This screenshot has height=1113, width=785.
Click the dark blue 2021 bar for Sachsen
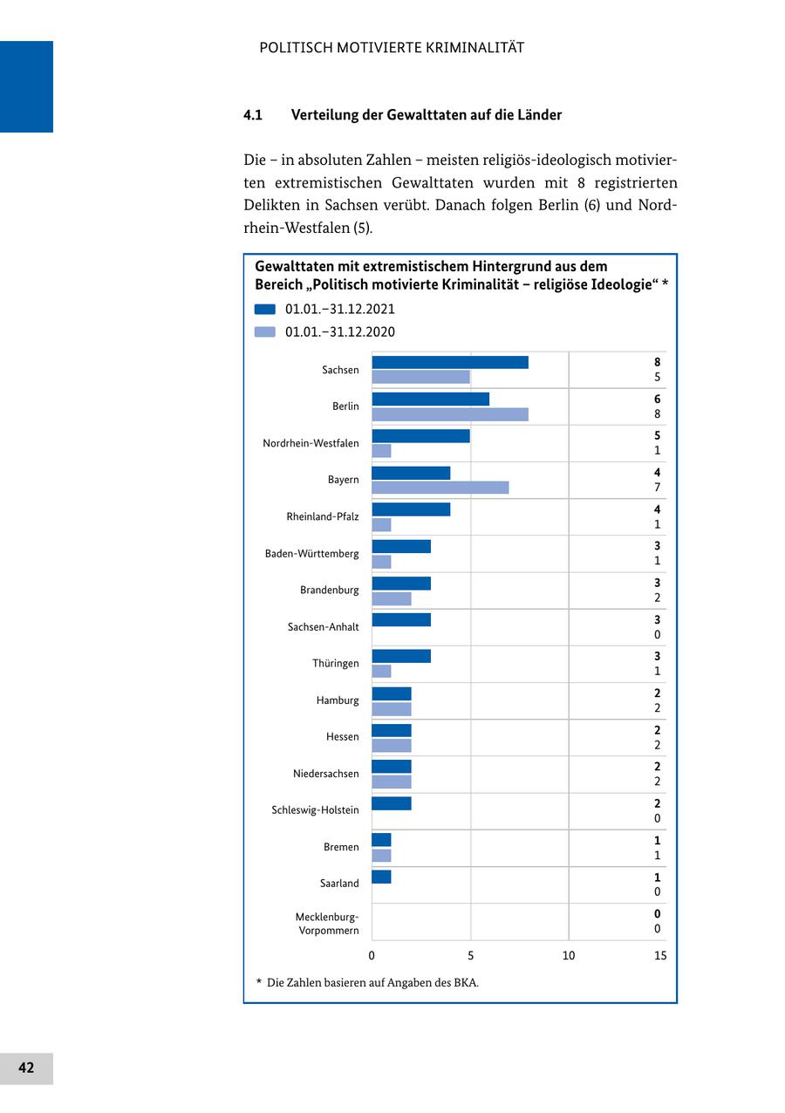pos(450,362)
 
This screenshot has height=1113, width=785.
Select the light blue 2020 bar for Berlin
pos(450,414)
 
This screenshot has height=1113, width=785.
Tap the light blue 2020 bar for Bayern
pos(440,488)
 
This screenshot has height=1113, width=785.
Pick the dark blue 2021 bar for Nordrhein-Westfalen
pos(420,435)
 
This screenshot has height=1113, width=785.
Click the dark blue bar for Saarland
pos(381,877)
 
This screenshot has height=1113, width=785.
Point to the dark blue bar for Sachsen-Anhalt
pos(401,619)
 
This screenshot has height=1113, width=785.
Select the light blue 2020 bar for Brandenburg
pos(392,598)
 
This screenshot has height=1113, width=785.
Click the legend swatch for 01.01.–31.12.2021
pos(265,309)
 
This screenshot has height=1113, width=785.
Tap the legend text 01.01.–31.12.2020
pos(340,331)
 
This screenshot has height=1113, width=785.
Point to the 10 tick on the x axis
pos(569,955)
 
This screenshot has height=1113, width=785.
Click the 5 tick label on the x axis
pos(471,955)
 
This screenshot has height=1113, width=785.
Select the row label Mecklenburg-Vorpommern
pos(327,924)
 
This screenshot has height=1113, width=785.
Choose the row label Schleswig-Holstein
pos(315,810)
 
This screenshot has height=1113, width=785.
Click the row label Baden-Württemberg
pos(311,553)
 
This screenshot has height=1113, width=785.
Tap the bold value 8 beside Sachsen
pos(658,362)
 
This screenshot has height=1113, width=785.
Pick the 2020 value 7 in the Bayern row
pos(658,488)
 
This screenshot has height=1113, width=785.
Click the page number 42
pos(26,1068)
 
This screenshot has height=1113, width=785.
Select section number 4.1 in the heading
pos(253,115)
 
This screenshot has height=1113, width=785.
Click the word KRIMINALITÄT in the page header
pos(475,48)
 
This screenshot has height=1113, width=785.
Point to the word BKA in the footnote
pos(466,982)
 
